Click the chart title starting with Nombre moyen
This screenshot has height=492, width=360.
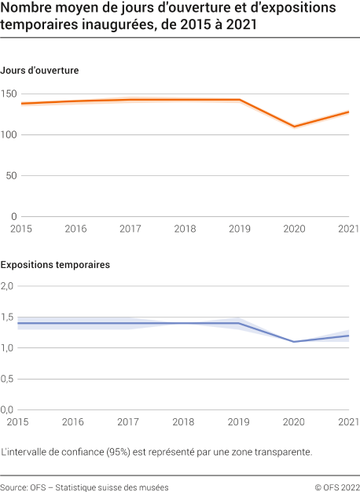click(168, 17)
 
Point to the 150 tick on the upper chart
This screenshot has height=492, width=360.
click(9, 94)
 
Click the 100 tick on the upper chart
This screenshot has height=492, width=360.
click(9, 135)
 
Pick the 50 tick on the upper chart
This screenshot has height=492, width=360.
click(12, 175)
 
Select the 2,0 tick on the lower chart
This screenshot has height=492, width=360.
click(9, 286)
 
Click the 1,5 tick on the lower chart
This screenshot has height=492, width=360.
click(9, 317)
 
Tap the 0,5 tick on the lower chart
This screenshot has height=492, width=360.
click(9, 379)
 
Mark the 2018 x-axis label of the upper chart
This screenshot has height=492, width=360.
click(185, 228)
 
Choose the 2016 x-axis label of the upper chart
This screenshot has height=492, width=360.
click(75, 228)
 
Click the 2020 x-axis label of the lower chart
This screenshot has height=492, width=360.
click(294, 422)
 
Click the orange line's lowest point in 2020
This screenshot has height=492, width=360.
click(294, 127)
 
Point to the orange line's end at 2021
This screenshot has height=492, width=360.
click(348, 112)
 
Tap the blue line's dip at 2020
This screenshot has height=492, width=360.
click(294, 341)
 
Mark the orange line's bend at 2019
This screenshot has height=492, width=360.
click(240, 100)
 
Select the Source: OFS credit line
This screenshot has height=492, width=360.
click(84, 487)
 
